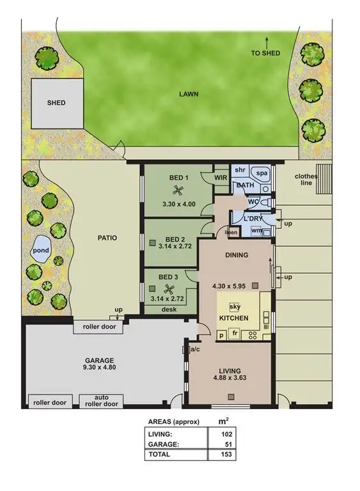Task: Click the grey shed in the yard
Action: [x=56, y=103]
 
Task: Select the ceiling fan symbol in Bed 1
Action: [x=178, y=190]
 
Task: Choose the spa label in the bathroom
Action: [x=262, y=173]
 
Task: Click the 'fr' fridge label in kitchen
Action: [x=235, y=334]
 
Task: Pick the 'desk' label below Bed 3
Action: [x=169, y=309]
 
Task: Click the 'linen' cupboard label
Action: [x=231, y=233]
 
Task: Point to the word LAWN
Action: [x=189, y=94]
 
